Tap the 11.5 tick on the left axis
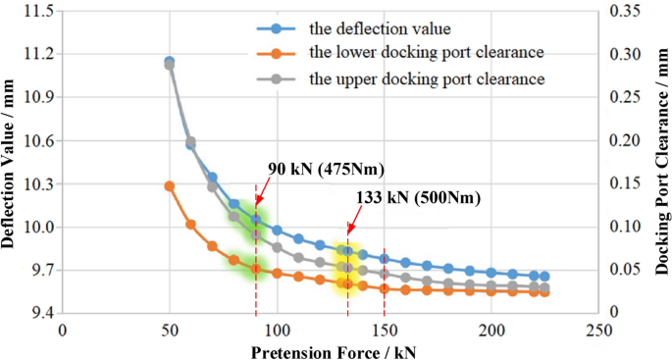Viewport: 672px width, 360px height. [x=38, y=11]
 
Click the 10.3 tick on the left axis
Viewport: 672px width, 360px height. [x=38, y=183]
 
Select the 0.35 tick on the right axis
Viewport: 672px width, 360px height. [x=624, y=11]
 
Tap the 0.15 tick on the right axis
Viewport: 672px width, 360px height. [x=624, y=183]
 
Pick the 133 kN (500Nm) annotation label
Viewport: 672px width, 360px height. [x=420, y=197]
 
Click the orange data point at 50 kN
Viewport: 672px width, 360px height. [x=170, y=185]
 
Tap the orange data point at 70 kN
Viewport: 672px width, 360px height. [x=212, y=246]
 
